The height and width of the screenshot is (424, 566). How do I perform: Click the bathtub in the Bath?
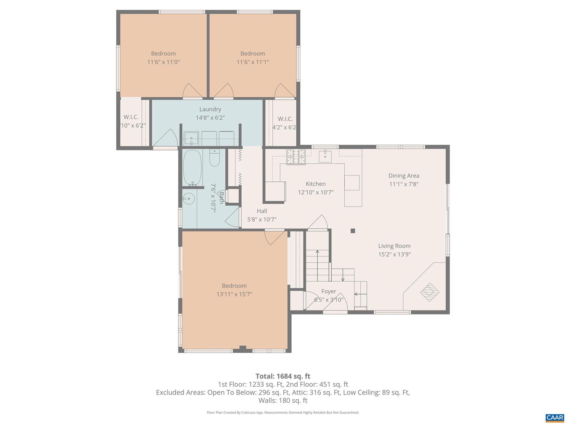[192, 168]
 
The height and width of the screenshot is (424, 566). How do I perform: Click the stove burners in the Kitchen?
[296, 157]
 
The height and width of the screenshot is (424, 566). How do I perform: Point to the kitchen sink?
[325, 156]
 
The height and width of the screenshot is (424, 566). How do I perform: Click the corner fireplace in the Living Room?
[430, 292]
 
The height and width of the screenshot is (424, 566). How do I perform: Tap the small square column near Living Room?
[353, 231]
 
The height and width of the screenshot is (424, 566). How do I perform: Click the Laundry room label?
[210, 109]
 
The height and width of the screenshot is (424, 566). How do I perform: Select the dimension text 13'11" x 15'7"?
[234, 294]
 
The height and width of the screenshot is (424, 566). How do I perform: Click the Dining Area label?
[404, 175]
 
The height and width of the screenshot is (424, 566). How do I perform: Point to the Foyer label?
[329, 291]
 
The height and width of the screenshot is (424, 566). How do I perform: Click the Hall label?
[262, 211]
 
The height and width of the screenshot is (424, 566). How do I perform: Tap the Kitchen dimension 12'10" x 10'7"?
[316, 192]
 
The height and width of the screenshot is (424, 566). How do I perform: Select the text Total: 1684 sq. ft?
[283, 376]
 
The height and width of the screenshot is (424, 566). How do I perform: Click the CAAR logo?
[555, 417]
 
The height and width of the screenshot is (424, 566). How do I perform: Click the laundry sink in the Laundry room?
[191, 139]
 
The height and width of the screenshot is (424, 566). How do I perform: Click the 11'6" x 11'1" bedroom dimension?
[253, 62]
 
